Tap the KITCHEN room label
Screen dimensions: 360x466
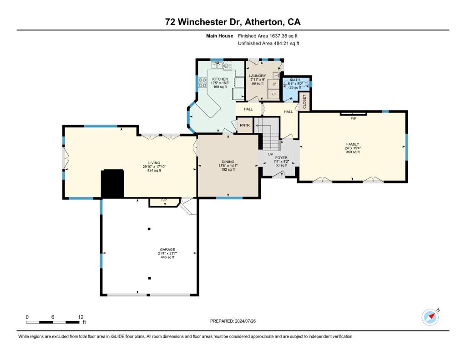click(x=220, y=79)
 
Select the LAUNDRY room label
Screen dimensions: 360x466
click(x=257, y=76)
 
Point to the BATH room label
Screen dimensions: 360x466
click(x=295, y=80)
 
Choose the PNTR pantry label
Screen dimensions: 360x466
click(x=245, y=125)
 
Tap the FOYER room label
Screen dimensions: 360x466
click(x=281, y=157)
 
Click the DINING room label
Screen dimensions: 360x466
click(x=228, y=162)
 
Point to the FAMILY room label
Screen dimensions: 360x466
click(x=352, y=144)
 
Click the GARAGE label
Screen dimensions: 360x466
click(x=167, y=249)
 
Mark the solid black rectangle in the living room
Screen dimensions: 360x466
click(x=112, y=183)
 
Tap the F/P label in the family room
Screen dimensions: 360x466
click(x=353, y=118)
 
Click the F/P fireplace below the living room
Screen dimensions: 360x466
click(x=164, y=201)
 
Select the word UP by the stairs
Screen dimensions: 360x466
click(x=270, y=154)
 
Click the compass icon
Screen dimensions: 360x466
click(x=430, y=317)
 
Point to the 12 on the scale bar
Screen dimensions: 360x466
click(x=81, y=317)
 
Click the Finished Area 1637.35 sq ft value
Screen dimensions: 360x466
click(x=268, y=35)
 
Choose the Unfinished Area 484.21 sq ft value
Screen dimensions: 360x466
click(x=268, y=43)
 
